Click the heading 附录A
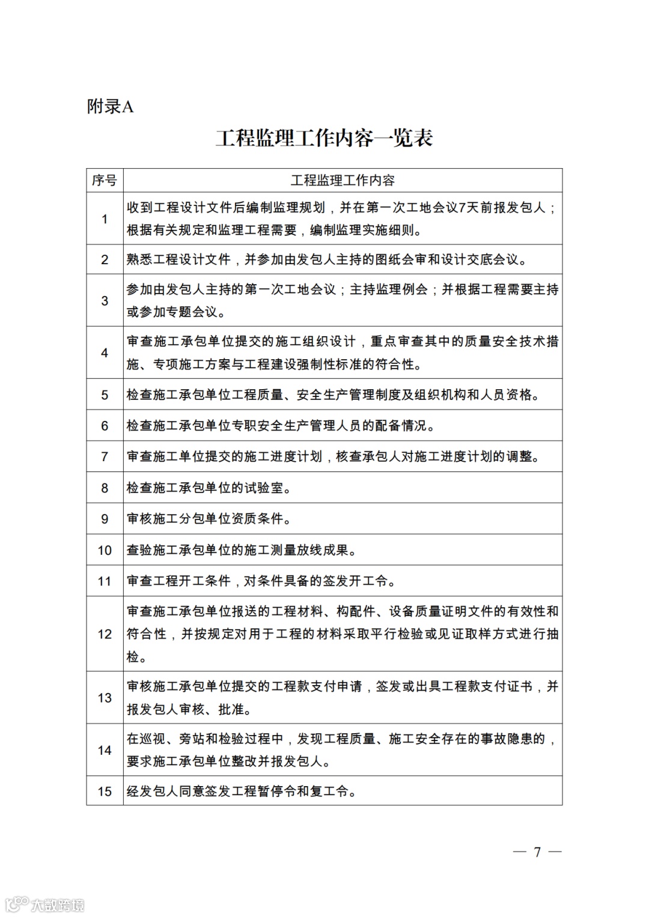pos(111,107)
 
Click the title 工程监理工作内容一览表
pos(324,138)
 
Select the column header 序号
pos(105,180)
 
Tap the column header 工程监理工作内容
pos(343,180)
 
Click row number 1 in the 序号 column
pos(105,219)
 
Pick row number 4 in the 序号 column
pos(105,353)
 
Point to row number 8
pos(105,488)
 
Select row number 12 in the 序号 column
pos(105,634)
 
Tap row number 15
pos(105,791)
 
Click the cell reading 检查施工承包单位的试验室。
pos(209,488)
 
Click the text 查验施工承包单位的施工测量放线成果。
pos(242,550)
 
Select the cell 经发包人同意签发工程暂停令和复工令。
pos(242,791)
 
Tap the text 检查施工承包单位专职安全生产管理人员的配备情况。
pos(281,426)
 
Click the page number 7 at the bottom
pos(537,852)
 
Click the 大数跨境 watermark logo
pos(44,904)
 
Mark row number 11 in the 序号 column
pos(105,581)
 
